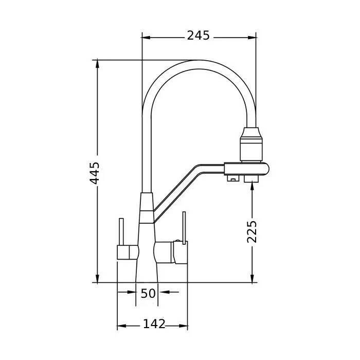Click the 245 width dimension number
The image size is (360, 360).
198,35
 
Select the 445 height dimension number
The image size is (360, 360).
94,173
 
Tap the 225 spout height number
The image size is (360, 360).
252,231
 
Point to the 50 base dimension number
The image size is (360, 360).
148,294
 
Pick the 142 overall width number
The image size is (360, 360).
154,324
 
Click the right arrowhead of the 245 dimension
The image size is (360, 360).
252,38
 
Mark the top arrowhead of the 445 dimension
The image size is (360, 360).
97,64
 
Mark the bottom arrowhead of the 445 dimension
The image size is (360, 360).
97,278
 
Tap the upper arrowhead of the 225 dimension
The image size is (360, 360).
252,185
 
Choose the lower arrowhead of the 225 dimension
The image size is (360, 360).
252,278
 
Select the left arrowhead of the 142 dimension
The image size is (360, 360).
122,326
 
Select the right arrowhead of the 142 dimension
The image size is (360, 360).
184,326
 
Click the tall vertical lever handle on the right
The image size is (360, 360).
184,228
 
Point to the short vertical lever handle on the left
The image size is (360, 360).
121,232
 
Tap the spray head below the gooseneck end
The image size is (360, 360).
251,144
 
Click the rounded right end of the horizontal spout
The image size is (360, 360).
266,169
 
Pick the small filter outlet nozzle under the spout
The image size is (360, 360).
232,178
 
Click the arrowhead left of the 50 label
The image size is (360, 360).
132,292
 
